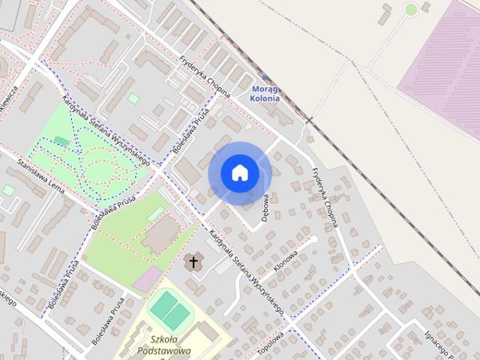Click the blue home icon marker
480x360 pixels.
coord(239,173)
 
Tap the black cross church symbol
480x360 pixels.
coord(193,262)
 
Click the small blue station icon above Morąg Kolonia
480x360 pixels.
coord(265,77)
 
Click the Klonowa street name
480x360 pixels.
coord(286,262)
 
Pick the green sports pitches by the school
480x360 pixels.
coord(170,309)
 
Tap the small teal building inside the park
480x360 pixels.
coord(61,141)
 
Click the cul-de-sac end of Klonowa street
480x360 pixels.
coord(313,239)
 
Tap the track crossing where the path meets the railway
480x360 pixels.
coord(307,120)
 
